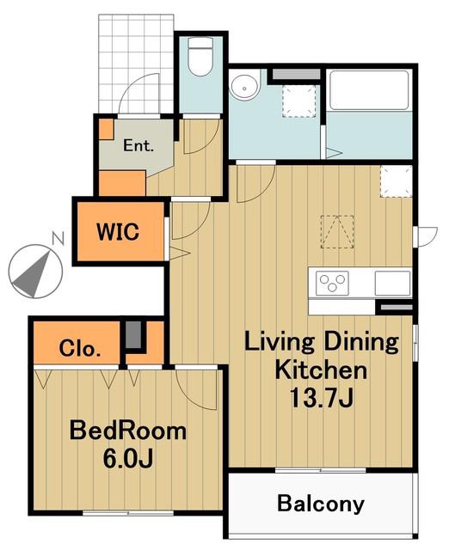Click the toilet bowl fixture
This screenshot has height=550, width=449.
[200, 57]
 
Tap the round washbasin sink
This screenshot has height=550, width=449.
[245, 86]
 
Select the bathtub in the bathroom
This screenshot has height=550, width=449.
[370, 90]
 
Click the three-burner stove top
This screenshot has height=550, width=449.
[332, 283]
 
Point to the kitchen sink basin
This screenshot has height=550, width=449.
[392, 283]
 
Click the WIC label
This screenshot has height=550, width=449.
[119, 231]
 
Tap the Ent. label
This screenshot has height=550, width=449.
[138, 145]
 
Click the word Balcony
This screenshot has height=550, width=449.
[321, 504]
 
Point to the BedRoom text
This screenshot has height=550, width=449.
[128, 431]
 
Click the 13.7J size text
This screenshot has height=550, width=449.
[321, 398]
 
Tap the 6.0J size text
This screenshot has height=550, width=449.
[128, 459]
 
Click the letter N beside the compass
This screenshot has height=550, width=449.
[58, 239]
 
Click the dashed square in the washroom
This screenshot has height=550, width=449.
[299, 101]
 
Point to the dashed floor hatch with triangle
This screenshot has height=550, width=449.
[337, 232]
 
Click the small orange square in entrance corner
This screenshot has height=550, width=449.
[106, 130]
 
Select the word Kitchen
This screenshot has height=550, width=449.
[321, 370]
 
